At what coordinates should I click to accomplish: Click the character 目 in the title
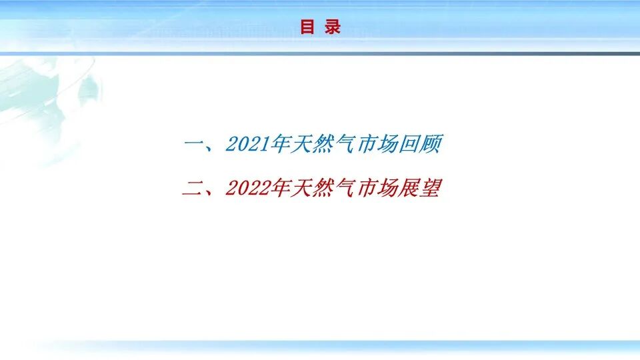pos(307,27)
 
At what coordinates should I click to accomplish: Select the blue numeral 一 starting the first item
pos(193,144)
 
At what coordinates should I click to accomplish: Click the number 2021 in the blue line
pos(247,144)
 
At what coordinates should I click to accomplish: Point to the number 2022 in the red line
pos(247,189)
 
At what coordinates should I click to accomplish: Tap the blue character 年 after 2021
pos(279,144)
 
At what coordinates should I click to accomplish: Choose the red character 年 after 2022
pos(279,189)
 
